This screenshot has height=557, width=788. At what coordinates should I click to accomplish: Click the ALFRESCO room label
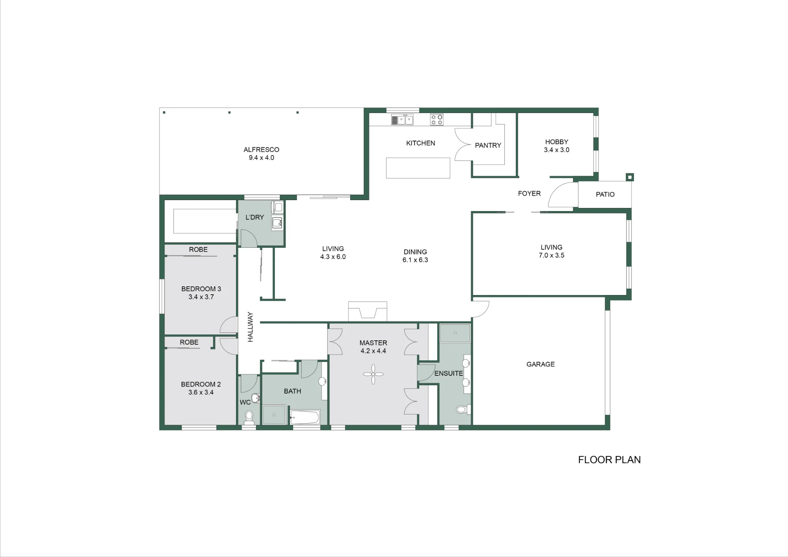pos(261,150)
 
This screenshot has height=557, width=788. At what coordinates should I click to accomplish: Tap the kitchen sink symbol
pos(402,119)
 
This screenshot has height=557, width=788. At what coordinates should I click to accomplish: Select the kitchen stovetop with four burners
pos(437,119)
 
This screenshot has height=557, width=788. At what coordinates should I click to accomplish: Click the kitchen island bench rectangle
pos(418,168)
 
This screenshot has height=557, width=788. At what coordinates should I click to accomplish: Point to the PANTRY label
pos(488,145)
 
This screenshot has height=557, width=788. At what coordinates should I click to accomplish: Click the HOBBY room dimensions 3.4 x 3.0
pos(556,150)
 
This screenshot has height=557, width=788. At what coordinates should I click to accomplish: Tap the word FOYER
pos(529,193)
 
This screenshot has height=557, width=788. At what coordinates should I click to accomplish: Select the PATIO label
pos(605,194)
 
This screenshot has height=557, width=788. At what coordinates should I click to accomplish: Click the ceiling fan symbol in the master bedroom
pos(373,374)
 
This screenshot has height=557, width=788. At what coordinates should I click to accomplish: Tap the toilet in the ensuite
pos(463,410)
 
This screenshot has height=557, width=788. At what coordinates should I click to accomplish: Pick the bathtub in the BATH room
pos(305,417)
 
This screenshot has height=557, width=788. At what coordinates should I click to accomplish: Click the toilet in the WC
pos(249,417)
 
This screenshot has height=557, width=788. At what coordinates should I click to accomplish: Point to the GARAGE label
pos(541,364)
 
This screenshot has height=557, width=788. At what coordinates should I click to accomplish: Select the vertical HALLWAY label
pos(250,327)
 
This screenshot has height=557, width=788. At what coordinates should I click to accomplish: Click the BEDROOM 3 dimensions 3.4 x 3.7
pos(201,297)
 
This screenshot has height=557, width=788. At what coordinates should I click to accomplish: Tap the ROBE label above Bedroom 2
pos(189,342)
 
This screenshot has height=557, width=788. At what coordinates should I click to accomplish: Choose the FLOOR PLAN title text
pos(609,460)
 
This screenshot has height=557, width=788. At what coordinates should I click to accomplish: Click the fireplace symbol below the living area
pos(368,311)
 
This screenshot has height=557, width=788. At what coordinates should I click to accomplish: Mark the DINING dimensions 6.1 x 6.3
pos(415,260)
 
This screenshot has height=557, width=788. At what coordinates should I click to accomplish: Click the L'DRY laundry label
pos(255,217)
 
